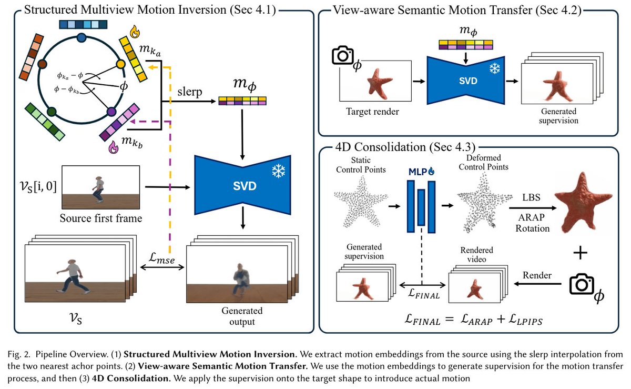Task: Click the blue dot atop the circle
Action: (x=82, y=37)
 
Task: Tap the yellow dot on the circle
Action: (x=121, y=64)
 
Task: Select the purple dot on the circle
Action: (x=111, y=112)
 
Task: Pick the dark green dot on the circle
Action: (x=52, y=112)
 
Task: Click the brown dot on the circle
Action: (x=42, y=64)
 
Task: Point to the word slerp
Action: (x=190, y=92)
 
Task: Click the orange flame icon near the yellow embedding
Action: (x=135, y=32)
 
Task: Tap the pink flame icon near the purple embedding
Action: (x=114, y=147)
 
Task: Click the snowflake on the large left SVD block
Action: (x=278, y=171)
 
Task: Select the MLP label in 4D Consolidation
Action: (x=418, y=172)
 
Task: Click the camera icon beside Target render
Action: (x=342, y=55)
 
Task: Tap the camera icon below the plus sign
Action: (x=582, y=284)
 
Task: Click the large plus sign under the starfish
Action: (x=581, y=253)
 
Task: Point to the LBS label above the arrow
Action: (x=531, y=197)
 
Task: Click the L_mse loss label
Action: (x=162, y=258)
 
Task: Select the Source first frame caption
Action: (x=101, y=218)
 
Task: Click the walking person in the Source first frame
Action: (x=98, y=189)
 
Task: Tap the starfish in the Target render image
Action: (x=379, y=84)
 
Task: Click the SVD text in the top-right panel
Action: (x=468, y=81)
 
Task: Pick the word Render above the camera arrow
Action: (x=537, y=275)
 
